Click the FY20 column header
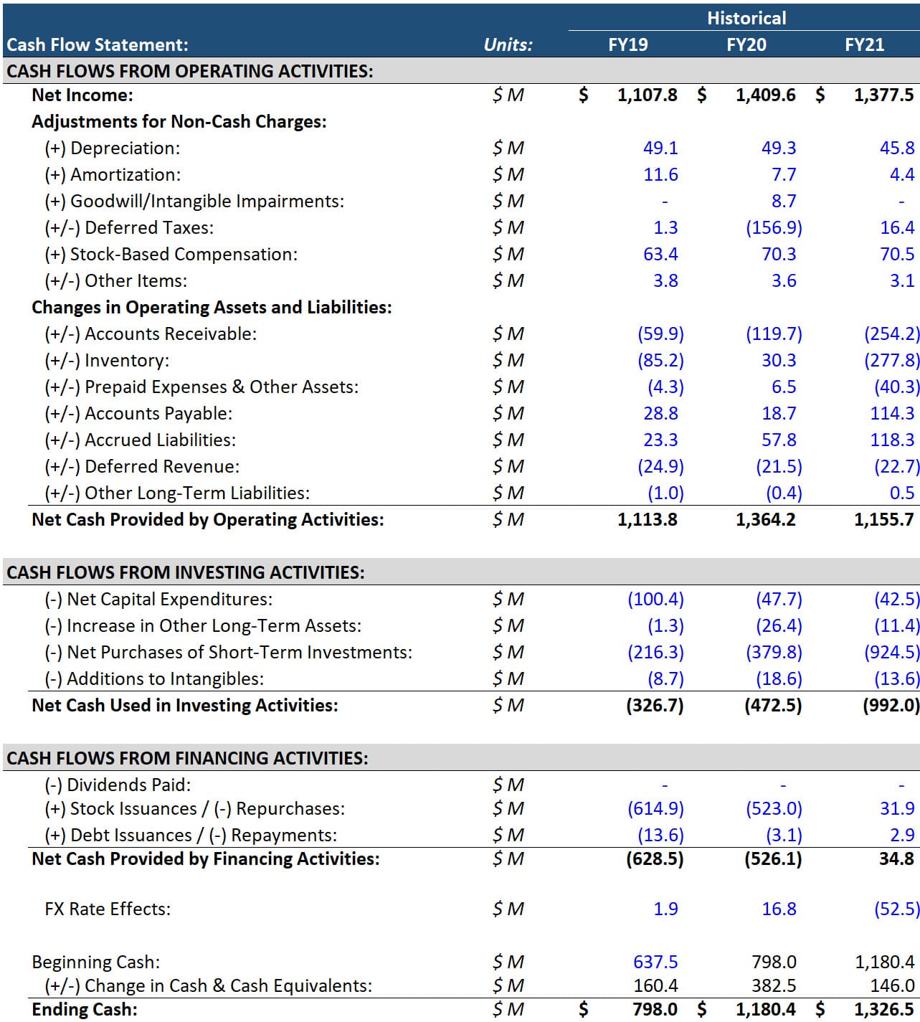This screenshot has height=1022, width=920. click(x=746, y=44)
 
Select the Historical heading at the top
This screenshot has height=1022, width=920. click(x=746, y=18)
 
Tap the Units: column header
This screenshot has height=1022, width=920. click(x=508, y=44)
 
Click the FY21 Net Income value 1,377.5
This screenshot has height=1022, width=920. click(x=883, y=95)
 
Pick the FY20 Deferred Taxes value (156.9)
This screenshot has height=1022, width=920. click(x=774, y=227)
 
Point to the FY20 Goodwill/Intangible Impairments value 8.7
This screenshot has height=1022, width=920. click(x=784, y=201)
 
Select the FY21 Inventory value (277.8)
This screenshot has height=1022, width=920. click(x=891, y=360)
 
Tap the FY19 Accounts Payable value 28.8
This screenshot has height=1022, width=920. click(x=660, y=413)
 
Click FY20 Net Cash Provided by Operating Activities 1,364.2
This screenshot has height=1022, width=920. click(x=765, y=519)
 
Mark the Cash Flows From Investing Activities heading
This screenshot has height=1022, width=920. click(x=186, y=572)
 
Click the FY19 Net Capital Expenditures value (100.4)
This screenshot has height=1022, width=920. click(x=655, y=599)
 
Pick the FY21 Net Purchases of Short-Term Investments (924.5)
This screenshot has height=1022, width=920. click(x=891, y=652)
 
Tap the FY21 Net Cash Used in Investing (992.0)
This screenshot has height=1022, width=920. click(x=891, y=705)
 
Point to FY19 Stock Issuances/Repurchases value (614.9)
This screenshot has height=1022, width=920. click(x=655, y=808)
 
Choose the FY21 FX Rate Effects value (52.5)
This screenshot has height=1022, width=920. click(x=896, y=909)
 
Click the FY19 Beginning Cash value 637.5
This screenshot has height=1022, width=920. click(x=655, y=962)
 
